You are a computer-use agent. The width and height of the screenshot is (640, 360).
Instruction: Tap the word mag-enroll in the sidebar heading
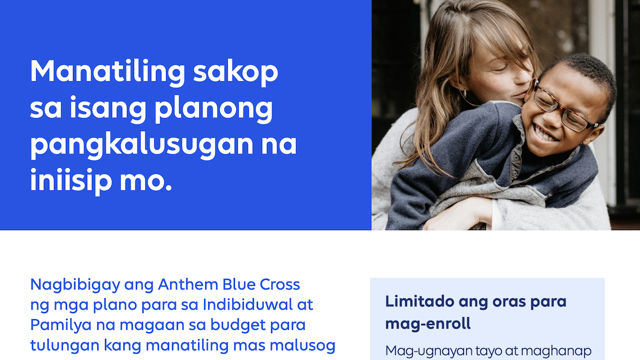click(x=428, y=324)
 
